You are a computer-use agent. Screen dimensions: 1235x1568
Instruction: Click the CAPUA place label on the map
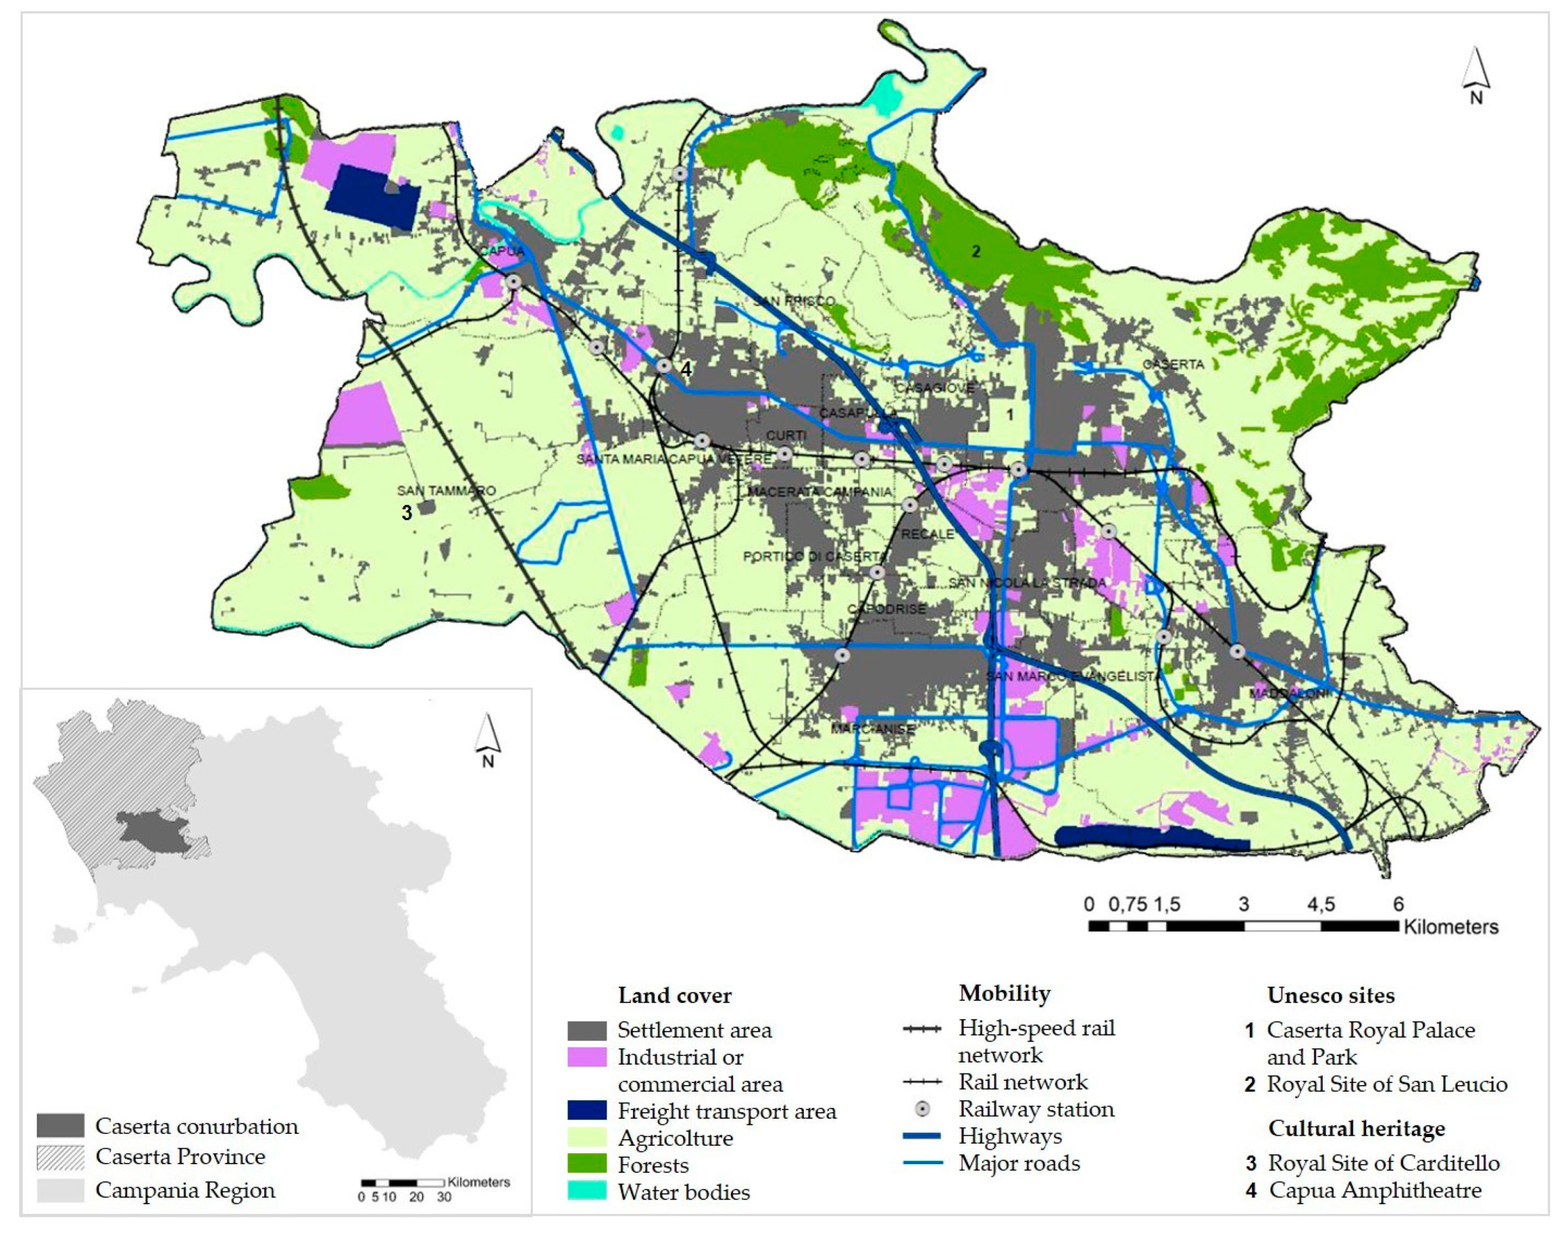click(x=502, y=251)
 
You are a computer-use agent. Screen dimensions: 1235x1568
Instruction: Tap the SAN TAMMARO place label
click(x=446, y=491)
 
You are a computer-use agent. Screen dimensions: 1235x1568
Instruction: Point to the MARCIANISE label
click(x=872, y=729)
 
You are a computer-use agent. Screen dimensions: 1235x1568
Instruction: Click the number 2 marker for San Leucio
click(x=976, y=251)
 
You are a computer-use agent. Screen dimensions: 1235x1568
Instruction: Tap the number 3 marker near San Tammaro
click(x=406, y=513)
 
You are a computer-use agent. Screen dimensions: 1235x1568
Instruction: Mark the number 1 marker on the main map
click(x=1010, y=415)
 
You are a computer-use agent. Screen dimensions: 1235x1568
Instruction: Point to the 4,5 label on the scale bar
click(x=1320, y=904)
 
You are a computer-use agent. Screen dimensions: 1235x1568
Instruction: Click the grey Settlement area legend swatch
click(x=587, y=1030)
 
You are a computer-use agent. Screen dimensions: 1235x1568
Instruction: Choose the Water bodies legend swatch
click(x=587, y=1192)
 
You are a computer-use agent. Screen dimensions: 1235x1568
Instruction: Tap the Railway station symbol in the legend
click(x=922, y=1109)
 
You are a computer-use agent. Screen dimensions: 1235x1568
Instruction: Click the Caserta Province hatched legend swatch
click(x=61, y=1157)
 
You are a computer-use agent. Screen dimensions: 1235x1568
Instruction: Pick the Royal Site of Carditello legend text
click(x=1383, y=1163)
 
